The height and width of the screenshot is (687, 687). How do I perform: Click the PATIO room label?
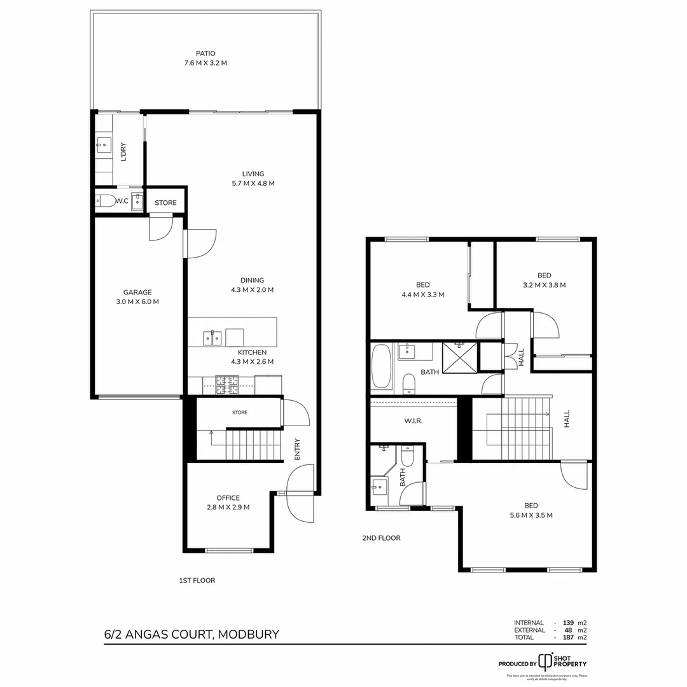(205, 59)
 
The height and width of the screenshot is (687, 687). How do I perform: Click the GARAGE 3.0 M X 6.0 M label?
(137, 297)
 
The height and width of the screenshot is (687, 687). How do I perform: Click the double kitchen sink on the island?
(212, 337)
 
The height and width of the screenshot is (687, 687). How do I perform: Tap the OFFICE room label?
(228, 503)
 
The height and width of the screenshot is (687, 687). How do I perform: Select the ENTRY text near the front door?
(297, 450)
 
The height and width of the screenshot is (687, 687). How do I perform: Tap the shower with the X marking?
(460, 356)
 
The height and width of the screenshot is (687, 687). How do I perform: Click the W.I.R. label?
(413, 421)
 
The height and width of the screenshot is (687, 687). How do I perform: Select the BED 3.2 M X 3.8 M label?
(544, 281)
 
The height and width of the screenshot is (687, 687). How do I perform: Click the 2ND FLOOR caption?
(381, 538)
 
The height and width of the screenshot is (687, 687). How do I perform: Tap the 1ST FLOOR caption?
(197, 580)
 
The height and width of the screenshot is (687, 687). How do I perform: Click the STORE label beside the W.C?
(166, 203)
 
